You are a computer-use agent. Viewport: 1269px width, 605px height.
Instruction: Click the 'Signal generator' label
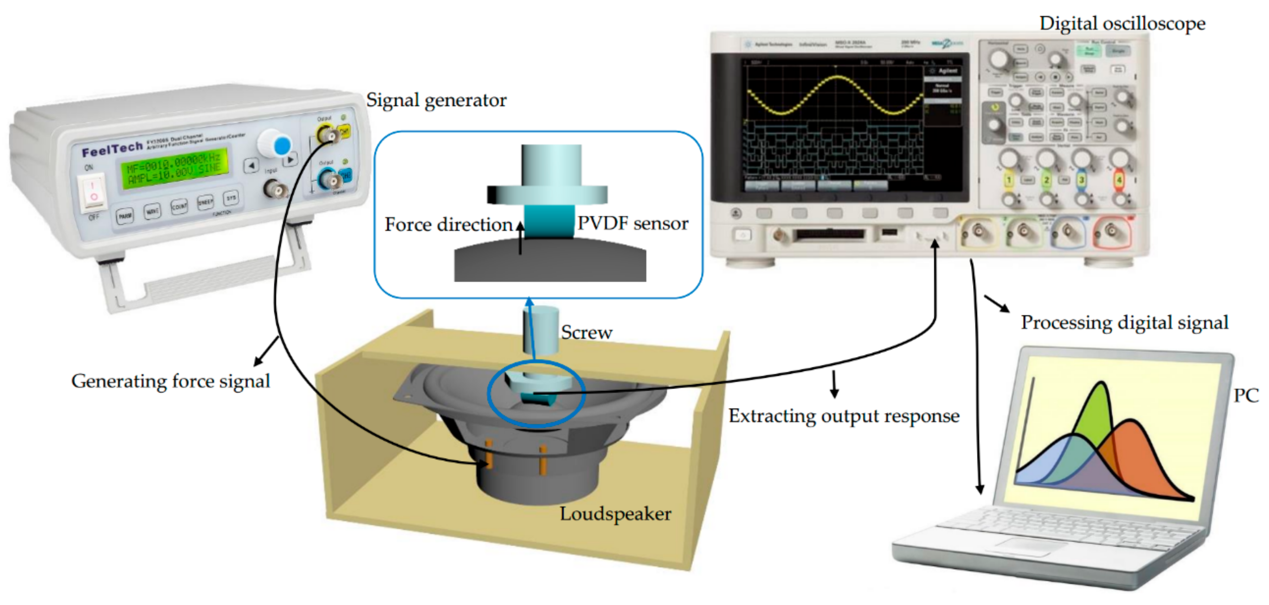[x=436, y=100]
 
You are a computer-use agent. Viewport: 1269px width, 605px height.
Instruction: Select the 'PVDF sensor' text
[x=633, y=223]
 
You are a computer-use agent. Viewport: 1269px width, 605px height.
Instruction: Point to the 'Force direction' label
[x=448, y=225]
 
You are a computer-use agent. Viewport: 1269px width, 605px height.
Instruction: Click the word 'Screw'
[x=586, y=333]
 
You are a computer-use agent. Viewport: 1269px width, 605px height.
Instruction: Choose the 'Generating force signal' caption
[x=171, y=381]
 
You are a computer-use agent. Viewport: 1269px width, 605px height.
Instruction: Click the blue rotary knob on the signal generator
[x=282, y=146]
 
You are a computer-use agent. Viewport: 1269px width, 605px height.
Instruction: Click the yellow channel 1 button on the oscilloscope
[x=1008, y=180]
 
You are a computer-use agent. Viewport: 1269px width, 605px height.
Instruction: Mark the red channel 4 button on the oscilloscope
[x=1119, y=180]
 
